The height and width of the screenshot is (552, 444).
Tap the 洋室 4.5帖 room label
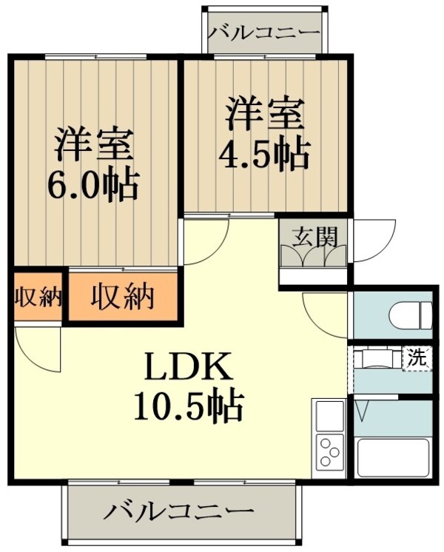coord(263,133)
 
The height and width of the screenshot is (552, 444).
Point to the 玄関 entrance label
coord(314,237)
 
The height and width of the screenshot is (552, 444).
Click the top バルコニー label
coord(263,33)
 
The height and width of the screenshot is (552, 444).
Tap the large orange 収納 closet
coord(123,297)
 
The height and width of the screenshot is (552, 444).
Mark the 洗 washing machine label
coord(417,359)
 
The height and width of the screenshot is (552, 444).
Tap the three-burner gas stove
coord(329,451)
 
